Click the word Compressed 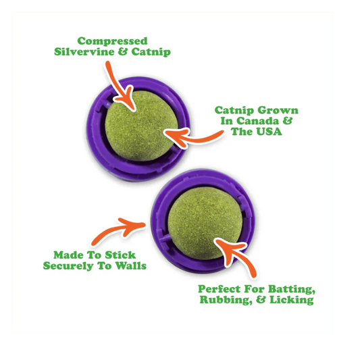(x=112, y=42)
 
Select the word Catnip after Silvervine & (x=151, y=51)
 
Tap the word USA (x=268, y=132)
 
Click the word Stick (x=120, y=255)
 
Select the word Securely (x=68, y=266)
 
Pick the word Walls (x=130, y=265)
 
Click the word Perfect (x=220, y=289)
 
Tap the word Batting (x=292, y=289)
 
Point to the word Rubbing (x=224, y=300)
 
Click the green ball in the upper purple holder (x=141, y=126)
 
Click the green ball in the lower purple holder (x=205, y=223)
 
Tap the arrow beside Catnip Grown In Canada (x=193, y=137)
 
